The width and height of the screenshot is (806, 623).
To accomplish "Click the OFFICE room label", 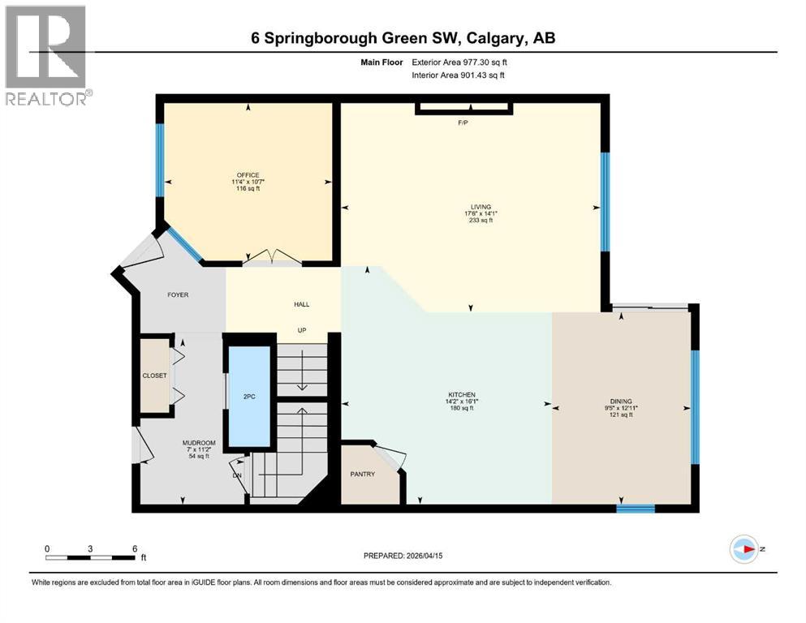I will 248,175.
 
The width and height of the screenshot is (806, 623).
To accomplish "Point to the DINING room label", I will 621,401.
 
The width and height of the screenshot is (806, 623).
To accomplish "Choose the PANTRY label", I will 362,474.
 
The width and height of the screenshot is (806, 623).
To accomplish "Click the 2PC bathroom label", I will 248,397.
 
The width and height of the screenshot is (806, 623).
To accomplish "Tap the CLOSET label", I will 154,376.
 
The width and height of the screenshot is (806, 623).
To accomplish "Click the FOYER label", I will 178,294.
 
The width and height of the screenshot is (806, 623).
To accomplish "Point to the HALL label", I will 301,304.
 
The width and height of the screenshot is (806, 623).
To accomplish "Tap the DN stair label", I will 237,475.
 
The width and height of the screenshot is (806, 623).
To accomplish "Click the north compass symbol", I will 744,548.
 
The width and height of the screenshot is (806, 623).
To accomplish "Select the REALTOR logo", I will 46,55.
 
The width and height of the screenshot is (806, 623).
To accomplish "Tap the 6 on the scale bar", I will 134,548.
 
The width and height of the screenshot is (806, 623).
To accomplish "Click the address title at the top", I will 403,37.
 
